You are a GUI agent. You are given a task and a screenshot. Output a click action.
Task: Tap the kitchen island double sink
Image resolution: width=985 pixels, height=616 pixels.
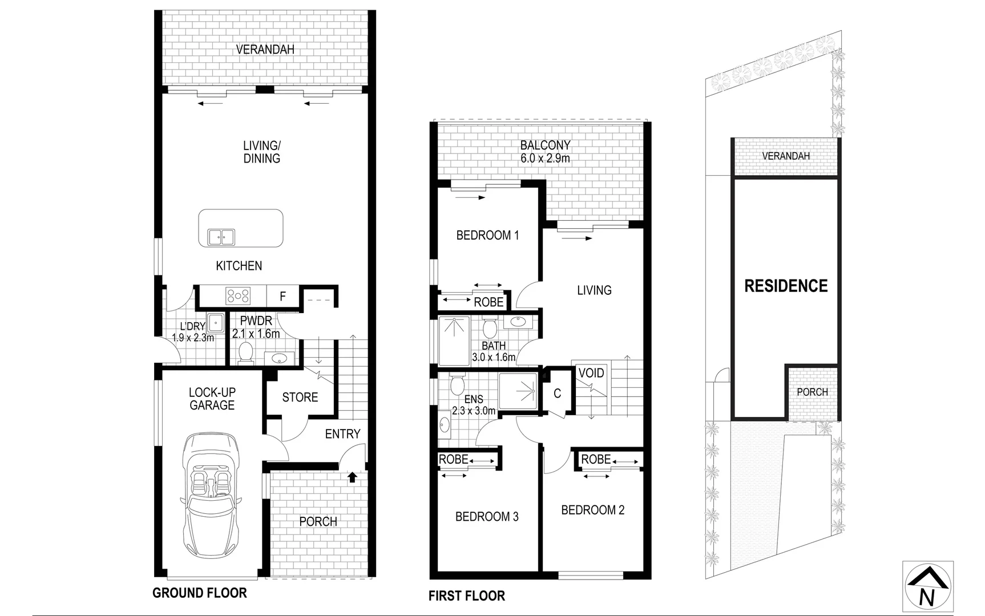221,237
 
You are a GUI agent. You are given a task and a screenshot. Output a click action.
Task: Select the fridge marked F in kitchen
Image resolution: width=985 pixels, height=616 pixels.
282,296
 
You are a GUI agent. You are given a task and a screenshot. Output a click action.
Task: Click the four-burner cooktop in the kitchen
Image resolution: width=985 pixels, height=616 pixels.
238,295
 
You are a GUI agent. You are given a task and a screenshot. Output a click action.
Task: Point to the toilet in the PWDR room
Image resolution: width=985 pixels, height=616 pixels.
245,352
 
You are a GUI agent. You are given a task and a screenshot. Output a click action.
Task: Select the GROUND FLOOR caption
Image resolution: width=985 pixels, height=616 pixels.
199,593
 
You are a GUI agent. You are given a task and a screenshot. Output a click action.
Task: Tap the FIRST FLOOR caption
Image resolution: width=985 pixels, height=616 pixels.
466,596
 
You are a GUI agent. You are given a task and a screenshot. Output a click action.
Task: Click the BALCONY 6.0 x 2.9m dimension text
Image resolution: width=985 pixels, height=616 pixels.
545,159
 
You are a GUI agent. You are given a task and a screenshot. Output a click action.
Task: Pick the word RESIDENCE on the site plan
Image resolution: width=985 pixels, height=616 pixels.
786,286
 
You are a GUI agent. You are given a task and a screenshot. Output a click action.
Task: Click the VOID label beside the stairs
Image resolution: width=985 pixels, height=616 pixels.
591,373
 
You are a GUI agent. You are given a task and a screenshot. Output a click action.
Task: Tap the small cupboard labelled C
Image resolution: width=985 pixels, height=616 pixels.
557,394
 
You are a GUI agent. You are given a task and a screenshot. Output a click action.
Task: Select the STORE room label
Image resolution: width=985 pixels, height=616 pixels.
300,397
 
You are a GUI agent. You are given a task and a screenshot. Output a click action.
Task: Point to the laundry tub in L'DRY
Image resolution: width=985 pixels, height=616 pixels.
216,322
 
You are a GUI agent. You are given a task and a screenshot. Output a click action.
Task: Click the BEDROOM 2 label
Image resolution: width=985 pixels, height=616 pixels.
592,510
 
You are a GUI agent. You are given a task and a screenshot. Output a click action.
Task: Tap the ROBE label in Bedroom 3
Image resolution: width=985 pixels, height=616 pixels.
454,459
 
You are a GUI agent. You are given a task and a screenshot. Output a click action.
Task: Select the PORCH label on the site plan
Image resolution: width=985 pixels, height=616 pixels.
812,392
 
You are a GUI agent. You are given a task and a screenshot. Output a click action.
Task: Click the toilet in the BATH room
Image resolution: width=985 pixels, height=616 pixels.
489,328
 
